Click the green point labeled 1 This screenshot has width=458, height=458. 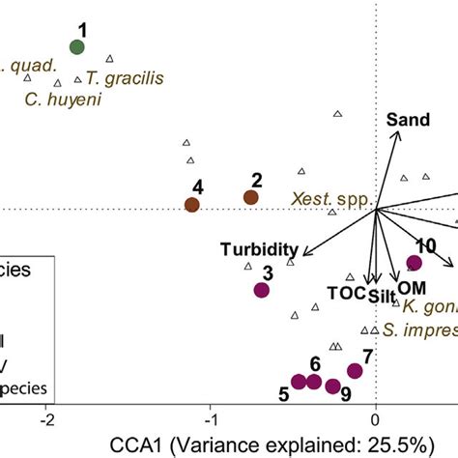coord(78,47)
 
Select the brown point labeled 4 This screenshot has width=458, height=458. coord(192,204)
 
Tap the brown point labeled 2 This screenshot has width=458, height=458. coord(251,197)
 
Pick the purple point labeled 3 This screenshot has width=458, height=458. coord(261,290)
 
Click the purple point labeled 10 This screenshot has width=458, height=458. coord(415,263)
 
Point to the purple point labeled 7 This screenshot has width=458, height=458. coord(355,371)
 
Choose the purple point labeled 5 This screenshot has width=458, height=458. coord(299,382)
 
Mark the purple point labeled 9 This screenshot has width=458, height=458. coord(332,386)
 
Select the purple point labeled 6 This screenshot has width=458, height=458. coord(313,382)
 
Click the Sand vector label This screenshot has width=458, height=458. coord(408,121)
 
